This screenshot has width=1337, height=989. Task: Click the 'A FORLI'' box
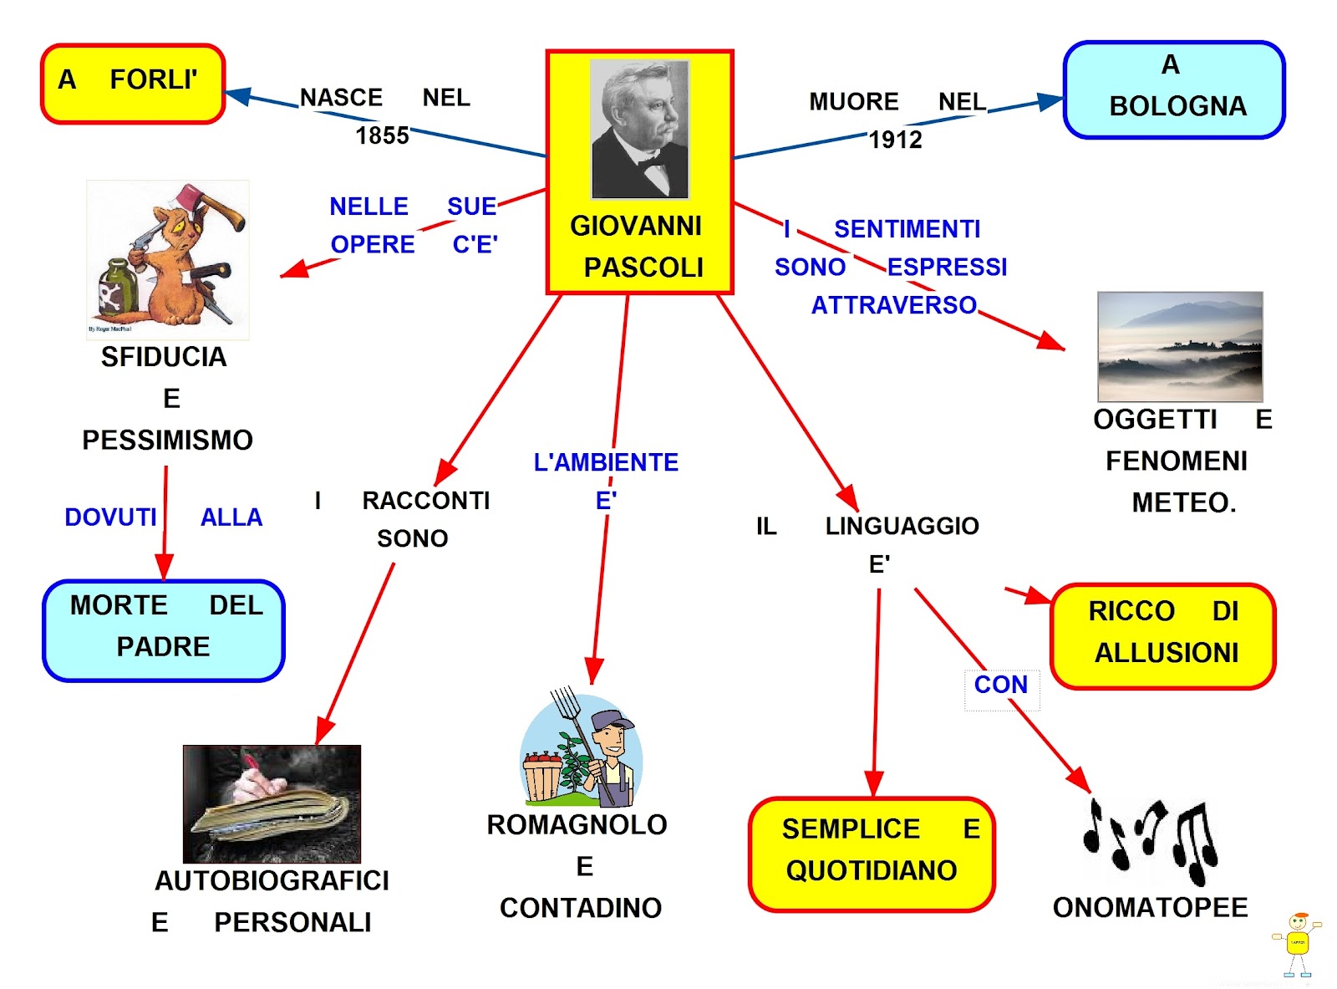[133, 84]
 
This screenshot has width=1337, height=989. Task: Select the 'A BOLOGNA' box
[1173, 89]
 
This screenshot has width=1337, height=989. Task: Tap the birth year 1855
[382, 135]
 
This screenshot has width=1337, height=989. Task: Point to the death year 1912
[895, 140]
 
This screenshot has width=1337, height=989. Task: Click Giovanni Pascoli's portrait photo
[640, 129]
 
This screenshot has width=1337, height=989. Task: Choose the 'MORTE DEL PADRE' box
[164, 630]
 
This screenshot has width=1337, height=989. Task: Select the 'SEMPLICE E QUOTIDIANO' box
[872, 853]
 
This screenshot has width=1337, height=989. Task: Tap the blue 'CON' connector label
[1000, 685]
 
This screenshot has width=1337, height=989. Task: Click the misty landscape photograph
[1179, 346]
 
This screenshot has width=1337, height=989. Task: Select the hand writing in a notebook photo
[272, 803]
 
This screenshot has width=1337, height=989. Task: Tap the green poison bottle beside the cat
[115, 289]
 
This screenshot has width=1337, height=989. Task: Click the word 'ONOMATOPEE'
[1150, 907]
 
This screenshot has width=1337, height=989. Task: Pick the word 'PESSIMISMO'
[167, 440]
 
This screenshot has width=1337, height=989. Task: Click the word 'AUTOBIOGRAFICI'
[272, 880]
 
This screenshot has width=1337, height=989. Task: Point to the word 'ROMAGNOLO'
[577, 825]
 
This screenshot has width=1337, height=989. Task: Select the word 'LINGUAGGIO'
[902, 526]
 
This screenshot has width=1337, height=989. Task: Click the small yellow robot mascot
[1297, 943]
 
